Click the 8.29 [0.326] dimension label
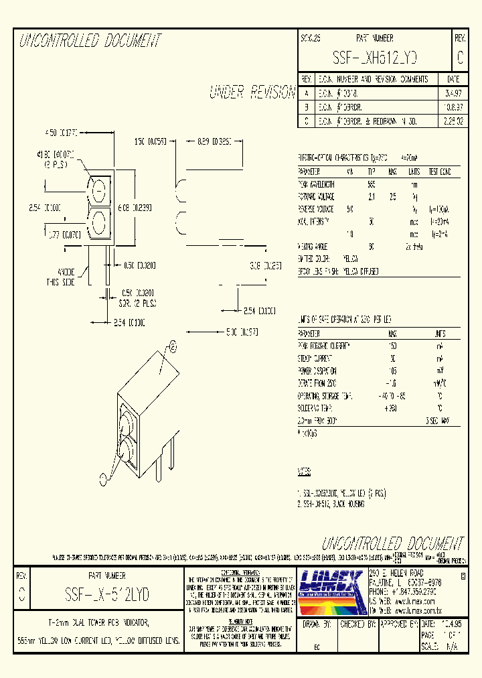pos(214,141)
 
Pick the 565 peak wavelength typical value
pos(372,184)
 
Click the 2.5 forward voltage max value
pos(393,196)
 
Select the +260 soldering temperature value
pos(392,408)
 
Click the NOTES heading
pos(305,471)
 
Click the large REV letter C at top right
pos(460,59)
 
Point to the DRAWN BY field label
pos(317,623)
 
